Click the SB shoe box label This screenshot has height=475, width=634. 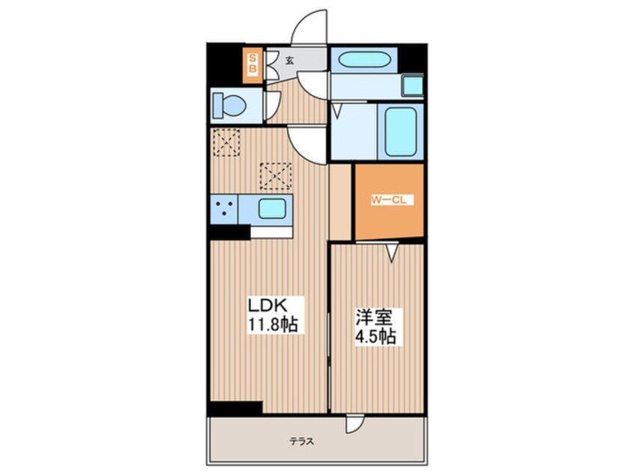coord(253,64)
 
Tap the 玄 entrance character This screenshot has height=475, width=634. coord(289,61)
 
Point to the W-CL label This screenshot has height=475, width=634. coord(388,200)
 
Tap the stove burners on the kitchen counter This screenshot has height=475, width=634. coord(223,208)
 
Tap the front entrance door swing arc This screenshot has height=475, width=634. coord(309,26)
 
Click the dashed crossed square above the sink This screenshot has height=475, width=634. coord(274,175)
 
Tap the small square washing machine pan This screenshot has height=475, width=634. coord(413,85)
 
